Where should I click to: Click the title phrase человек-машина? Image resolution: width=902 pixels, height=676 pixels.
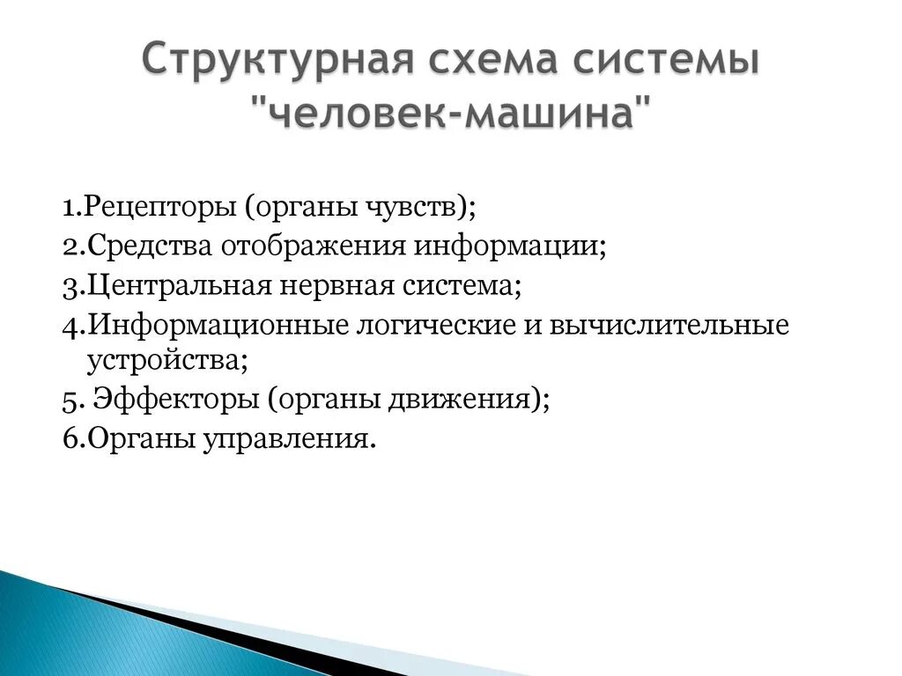tap(453, 115)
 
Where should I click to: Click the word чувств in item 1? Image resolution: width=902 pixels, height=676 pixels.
tap(417, 210)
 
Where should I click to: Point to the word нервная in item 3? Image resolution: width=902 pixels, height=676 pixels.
tap(331, 286)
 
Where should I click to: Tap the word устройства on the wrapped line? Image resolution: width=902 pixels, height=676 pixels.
tap(162, 362)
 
